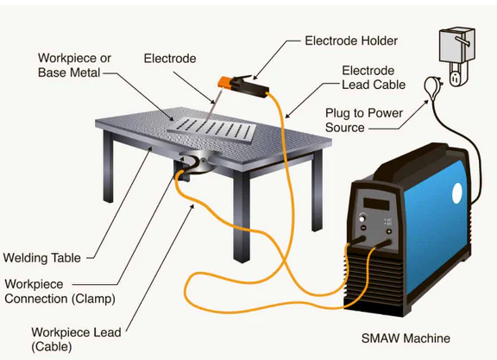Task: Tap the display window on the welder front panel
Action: tap(377, 205)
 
